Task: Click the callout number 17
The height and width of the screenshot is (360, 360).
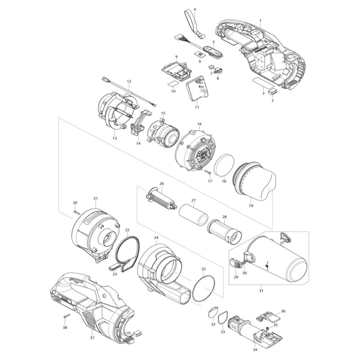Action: [x=210, y=181]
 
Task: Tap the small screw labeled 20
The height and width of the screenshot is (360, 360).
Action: [x=76, y=212]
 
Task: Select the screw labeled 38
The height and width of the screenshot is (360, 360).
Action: [x=67, y=316]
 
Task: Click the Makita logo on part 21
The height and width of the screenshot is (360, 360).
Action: [x=94, y=218]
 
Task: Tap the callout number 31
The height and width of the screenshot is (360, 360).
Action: [x=261, y=291]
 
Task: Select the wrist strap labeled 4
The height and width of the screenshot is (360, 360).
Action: [x=195, y=24]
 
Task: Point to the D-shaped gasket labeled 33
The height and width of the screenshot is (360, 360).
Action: [x=222, y=319]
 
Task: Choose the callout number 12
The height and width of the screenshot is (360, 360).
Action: [x=129, y=81]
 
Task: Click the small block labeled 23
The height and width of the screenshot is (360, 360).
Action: [x=114, y=268]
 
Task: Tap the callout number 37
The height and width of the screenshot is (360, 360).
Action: [x=92, y=338]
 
